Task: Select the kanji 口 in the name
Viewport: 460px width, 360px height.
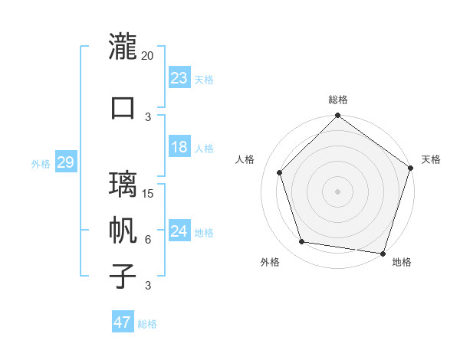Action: [123, 107]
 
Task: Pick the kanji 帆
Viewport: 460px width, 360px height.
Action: [123, 230]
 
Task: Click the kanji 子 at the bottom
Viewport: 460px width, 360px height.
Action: [123, 276]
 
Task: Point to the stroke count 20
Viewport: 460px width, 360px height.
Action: [148, 56]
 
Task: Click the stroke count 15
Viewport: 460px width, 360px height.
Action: [148, 193]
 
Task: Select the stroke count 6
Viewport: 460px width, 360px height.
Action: [148, 239]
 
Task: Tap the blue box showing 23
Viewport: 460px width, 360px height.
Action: [179, 77]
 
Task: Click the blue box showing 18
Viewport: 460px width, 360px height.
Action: [179, 147]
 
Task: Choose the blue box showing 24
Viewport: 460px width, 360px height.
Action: [179, 231]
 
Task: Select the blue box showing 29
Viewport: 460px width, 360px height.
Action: [65, 162]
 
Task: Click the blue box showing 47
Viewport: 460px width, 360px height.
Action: [122, 322]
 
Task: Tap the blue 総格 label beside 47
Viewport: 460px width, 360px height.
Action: [147, 324]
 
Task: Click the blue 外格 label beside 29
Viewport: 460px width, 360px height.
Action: [40, 164]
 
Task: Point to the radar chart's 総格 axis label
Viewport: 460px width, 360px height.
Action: [337, 100]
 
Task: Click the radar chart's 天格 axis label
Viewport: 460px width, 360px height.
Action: [431, 159]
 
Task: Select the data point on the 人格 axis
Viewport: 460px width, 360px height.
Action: [279, 172]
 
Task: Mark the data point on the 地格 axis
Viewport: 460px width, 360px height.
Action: [383, 253]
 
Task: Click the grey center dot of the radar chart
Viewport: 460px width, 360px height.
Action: [337, 191]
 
